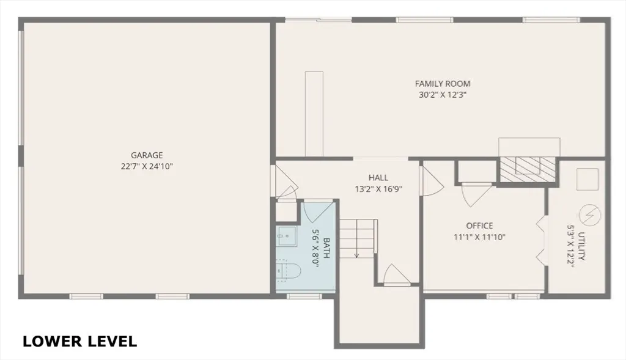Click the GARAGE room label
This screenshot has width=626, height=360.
click(x=147, y=155)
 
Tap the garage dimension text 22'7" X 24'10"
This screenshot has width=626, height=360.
click(x=147, y=166)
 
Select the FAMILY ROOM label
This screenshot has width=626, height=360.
click(x=443, y=84)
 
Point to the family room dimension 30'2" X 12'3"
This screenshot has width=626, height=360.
click(x=443, y=95)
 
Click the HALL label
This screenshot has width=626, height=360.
click(x=378, y=178)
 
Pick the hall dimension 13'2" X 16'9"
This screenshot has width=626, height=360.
click(x=378, y=189)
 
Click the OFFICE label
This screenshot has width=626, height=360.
click(x=479, y=226)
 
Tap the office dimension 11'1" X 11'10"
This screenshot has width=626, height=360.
click(x=479, y=237)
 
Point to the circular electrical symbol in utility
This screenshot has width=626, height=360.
click(x=591, y=214)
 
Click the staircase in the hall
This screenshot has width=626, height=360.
click(x=357, y=238)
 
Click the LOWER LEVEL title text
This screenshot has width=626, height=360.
click(x=79, y=341)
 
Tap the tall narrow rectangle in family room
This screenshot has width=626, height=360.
click(x=314, y=113)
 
